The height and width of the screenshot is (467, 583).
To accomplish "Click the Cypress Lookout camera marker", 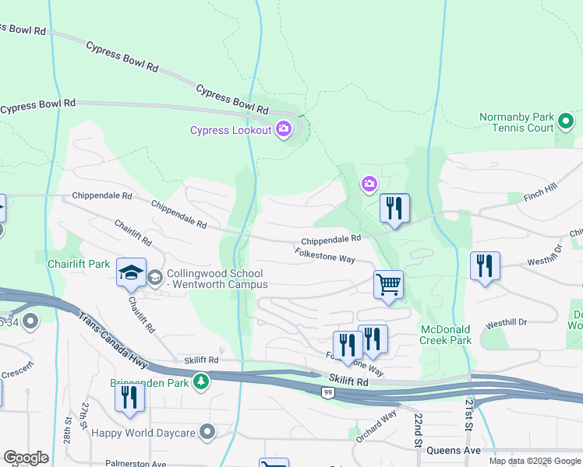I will coord(284,129).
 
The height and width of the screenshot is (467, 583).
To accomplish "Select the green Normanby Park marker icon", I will coord(566,121).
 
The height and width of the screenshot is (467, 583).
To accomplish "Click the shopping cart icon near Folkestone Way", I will coord(388,284).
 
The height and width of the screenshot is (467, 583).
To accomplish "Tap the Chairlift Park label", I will coord(77,265).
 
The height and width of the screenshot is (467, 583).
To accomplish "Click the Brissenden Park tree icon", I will coord(202,381).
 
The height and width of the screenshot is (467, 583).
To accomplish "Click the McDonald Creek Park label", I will coord(445,335).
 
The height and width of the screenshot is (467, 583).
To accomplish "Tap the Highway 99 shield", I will coord(329,394).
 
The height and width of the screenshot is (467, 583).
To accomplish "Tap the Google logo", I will coord(26,457).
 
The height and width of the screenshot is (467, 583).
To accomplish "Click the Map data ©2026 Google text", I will coord(534,461).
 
